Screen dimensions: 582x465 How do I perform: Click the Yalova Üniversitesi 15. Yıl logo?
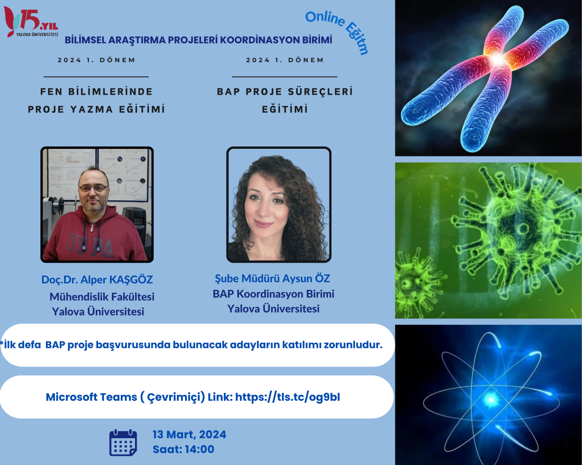coord(31,22)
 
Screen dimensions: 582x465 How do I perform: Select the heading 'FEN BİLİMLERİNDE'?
coord(97,91)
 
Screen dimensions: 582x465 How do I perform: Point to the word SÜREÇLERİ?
coord(320,91)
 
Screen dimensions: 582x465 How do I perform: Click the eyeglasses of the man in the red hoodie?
coord(93,189)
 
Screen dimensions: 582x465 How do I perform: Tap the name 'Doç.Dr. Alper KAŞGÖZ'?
coord(97,280)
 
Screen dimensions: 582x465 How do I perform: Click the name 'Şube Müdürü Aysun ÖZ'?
coord(272,279)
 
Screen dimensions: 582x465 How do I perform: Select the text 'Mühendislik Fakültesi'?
coord(102,297)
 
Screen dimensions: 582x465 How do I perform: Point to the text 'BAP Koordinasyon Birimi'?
coord(274,294)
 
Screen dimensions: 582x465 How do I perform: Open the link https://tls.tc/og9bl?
coord(288,397)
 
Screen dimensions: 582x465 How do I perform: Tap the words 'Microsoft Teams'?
coord(92,397)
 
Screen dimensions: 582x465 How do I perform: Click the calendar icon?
coord(123,443)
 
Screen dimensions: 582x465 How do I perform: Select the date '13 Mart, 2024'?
coord(189,434)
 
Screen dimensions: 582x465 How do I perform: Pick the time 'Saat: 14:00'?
coord(184,449)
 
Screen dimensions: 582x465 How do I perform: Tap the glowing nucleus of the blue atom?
coord(491,400)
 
